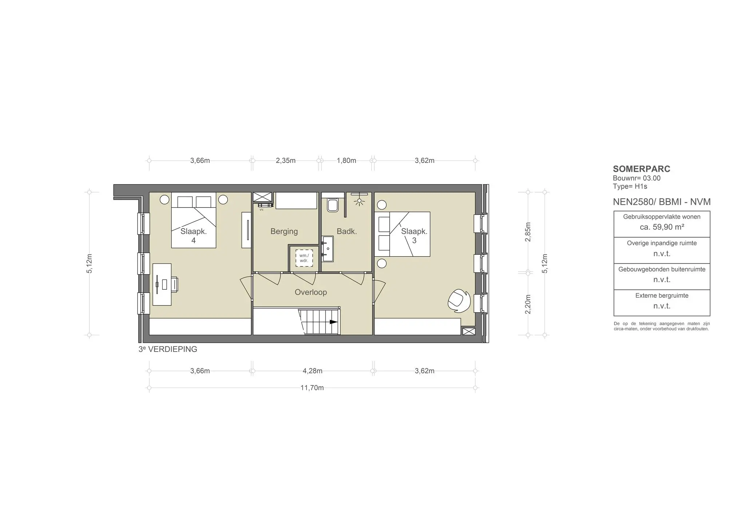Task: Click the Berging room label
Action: (284, 231)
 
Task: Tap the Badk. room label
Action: (347, 231)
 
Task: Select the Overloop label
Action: (311, 292)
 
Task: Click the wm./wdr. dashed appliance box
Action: (304, 258)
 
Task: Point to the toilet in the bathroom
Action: (332, 204)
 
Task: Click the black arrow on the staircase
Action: (334, 322)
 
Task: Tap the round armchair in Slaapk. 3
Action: (459, 301)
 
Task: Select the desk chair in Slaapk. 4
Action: (174, 284)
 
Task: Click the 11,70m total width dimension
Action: (312, 388)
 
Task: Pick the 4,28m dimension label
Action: (312, 371)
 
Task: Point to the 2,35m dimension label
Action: (286, 161)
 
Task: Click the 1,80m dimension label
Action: (346, 161)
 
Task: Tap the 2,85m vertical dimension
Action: (528, 231)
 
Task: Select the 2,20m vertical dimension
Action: (528, 304)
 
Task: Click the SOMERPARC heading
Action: (642, 169)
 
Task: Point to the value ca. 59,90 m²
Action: (662, 227)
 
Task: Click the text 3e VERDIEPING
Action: (168, 349)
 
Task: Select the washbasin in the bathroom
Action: (327, 249)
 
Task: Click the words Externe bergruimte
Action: (662, 296)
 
